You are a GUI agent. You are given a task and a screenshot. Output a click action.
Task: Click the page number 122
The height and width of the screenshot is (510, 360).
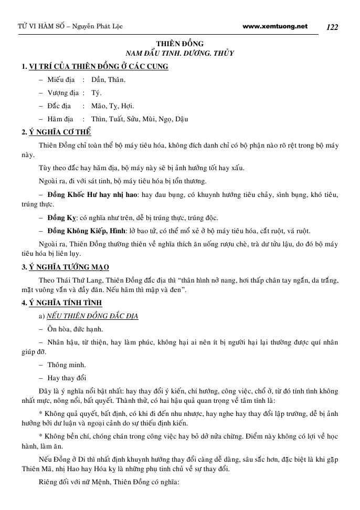pos(332,27)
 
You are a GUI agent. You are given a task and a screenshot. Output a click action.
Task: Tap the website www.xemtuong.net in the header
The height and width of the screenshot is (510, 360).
pos(276,26)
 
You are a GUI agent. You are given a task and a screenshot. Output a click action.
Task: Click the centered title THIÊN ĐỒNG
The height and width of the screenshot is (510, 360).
pos(180,44)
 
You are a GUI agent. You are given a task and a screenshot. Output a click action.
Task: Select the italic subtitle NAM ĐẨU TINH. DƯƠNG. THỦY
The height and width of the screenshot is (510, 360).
pos(180,54)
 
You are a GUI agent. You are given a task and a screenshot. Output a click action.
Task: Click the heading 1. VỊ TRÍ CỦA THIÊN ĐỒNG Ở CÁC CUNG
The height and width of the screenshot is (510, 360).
pos(94,67)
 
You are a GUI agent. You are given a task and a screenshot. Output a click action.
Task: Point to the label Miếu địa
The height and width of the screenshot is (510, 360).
pos(61,80)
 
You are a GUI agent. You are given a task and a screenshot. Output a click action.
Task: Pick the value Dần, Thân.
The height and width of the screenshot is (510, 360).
pos(108,80)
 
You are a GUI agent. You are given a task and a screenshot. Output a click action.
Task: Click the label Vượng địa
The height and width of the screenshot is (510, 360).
pos(63,93)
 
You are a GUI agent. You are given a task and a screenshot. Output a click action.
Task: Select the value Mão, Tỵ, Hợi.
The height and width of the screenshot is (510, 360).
pos(112,106)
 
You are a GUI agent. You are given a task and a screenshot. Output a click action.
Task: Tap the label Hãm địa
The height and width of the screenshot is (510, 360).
pos(61,119)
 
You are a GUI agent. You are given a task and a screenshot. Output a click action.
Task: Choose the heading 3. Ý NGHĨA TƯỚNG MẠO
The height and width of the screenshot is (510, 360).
pos(65,267)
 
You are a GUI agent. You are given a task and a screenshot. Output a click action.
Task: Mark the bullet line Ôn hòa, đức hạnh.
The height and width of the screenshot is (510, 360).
pos(75,329)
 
